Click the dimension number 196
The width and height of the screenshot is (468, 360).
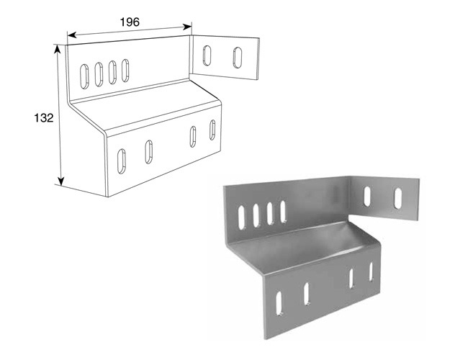click(130, 22)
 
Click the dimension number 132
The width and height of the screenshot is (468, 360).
click(44, 118)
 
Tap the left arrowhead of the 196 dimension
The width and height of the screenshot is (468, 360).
click(72, 35)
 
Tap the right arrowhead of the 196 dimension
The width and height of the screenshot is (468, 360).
click(187, 27)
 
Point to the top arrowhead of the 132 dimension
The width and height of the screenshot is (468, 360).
click(58, 49)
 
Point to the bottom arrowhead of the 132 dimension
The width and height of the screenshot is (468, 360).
click(61, 181)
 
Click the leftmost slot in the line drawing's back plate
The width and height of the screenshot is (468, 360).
click(84, 76)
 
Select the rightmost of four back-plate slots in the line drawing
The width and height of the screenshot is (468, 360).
click(125, 71)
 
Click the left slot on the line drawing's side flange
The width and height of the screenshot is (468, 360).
click(207, 55)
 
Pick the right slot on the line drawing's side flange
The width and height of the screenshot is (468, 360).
click(238, 58)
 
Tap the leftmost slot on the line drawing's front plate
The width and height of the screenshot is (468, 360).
click(122, 161)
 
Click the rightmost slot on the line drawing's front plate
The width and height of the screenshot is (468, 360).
click(212, 130)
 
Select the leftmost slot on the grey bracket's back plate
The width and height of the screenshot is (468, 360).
click(241, 217)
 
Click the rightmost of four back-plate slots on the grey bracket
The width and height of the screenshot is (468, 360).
click(283, 212)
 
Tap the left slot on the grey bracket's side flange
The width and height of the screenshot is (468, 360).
click(367, 196)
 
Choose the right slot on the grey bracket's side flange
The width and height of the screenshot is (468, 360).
click(398, 198)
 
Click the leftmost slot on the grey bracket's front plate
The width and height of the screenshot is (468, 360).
click(279, 303)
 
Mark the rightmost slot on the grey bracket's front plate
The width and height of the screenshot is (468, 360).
click(371, 271)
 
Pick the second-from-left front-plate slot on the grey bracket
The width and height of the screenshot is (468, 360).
click(307, 294)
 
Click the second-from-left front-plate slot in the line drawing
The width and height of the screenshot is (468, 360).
click(148, 152)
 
